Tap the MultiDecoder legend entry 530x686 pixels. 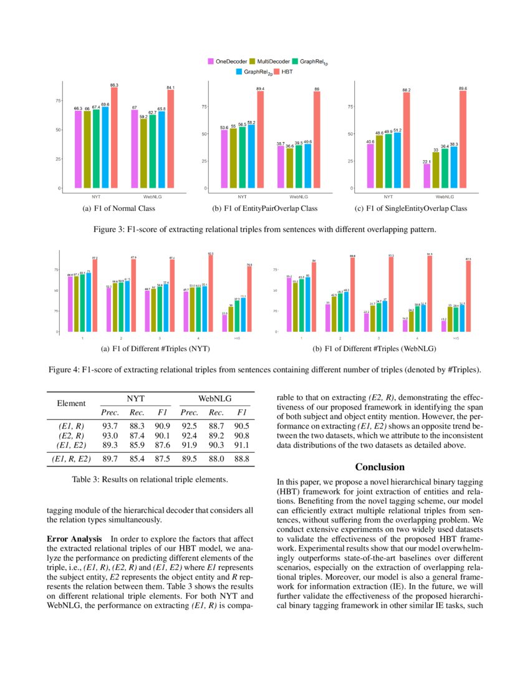click(x=269, y=61)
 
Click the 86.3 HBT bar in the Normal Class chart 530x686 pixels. click(x=114, y=137)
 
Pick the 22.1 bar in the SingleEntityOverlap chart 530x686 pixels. click(x=427, y=176)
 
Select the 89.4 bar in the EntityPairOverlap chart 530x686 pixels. click(x=260, y=140)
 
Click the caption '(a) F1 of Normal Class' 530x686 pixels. click(x=118, y=208)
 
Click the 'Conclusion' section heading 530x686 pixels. click(x=380, y=466)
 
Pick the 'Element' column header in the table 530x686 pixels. click(x=71, y=403)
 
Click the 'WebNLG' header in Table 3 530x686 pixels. click(x=214, y=397)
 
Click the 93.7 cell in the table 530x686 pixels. click(x=110, y=425)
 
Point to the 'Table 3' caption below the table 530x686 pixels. click(x=150, y=480)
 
